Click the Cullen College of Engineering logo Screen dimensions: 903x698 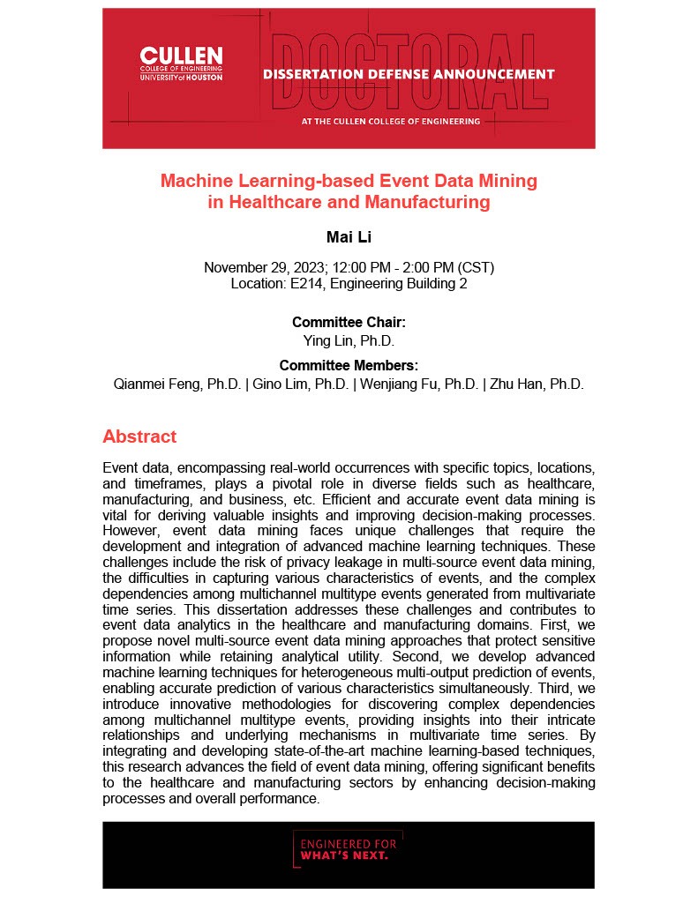pyautogui.click(x=181, y=64)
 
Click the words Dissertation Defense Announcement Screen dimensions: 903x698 pyautogui.click(x=409, y=74)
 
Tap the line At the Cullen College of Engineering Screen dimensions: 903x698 pyautogui.click(x=391, y=121)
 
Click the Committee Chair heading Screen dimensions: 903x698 pyautogui.click(x=349, y=323)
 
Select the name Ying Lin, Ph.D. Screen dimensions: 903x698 pyautogui.click(x=349, y=340)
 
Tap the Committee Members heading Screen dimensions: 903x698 pyautogui.click(x=349, y=366)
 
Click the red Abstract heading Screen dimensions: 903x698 pyautogui.click(x=139, y=437)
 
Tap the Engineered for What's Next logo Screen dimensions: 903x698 pyautogui.click(x=348, y=847)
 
